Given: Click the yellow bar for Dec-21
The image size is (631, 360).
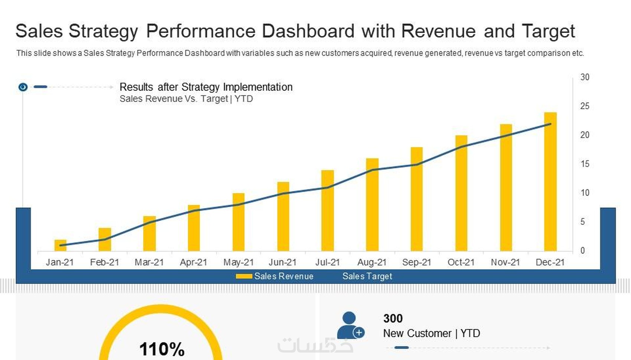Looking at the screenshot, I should pos(550,182).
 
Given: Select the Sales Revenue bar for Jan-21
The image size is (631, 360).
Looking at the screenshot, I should pos(60,246).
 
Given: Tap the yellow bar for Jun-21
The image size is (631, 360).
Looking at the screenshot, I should pos(283,217).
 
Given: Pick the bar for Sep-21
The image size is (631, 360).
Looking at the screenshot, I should pos(416,199).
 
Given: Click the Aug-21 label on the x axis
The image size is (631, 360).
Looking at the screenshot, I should pos(372,262).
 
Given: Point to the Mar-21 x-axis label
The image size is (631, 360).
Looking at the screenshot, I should pos(149,262).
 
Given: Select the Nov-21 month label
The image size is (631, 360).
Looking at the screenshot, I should pos(505,262).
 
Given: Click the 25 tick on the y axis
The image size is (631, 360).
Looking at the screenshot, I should pos(585,106).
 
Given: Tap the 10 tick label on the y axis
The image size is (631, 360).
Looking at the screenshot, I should pos(585,193).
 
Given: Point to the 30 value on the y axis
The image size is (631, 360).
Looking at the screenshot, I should pos(585,77).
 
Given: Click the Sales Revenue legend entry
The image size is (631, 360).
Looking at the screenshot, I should pos(275,276).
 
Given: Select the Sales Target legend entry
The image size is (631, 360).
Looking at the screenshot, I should pos(367,276).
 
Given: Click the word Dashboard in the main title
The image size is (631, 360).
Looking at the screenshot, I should pos(308,31).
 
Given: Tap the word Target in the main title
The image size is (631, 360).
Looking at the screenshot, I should pos(548,31).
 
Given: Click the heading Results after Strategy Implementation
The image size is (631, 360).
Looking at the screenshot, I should pos(206,87).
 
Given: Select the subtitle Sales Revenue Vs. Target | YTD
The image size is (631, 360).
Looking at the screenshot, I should pos(186,99).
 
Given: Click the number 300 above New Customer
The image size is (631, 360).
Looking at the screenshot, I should pos(393,318).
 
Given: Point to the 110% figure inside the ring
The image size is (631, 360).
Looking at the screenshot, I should pos(162,349).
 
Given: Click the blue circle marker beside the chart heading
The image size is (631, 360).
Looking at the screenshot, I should pos(23,87).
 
